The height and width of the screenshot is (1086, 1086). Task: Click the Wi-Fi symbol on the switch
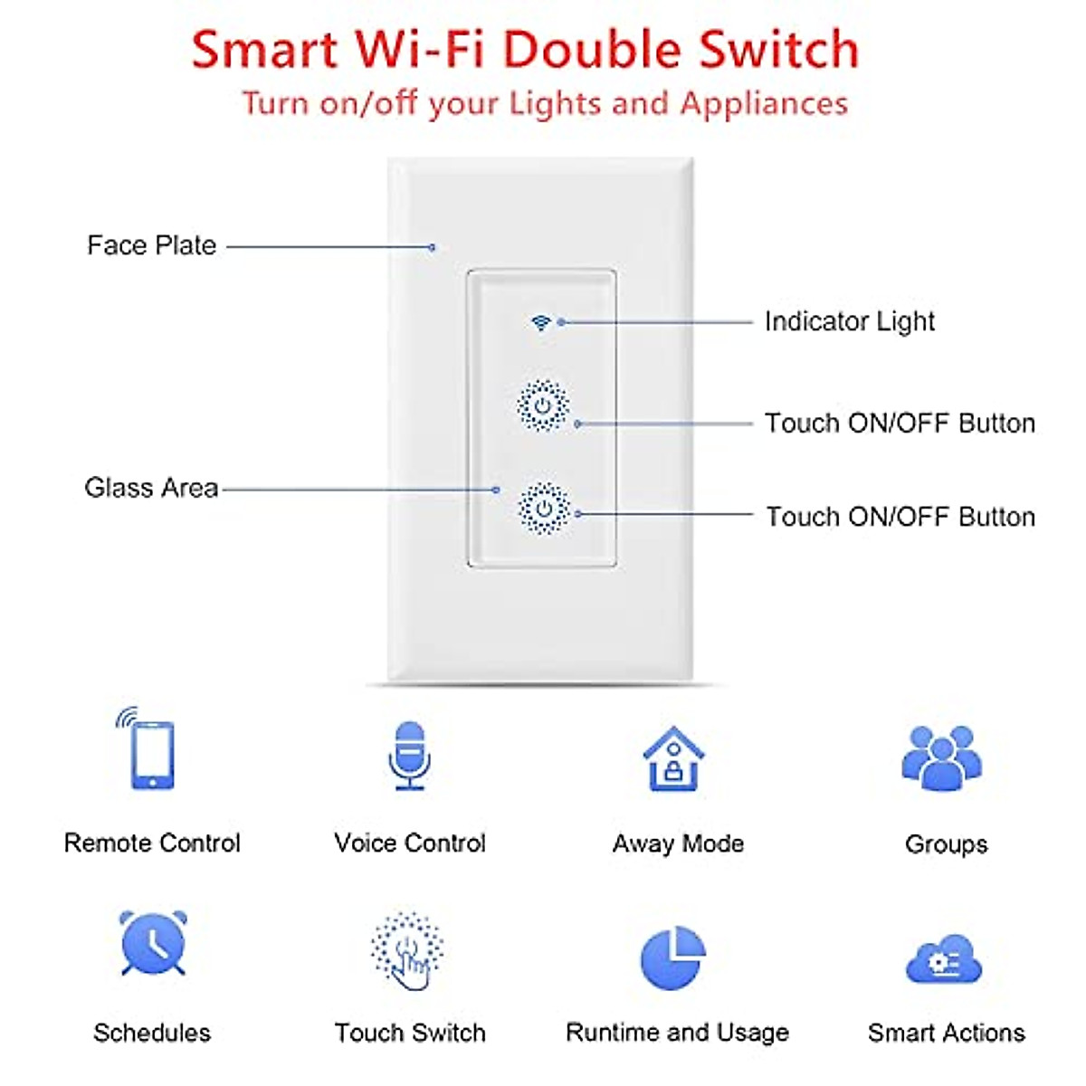[540, 322]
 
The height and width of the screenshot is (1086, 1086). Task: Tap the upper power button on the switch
[543, 405]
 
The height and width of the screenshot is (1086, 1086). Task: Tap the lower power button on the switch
[544, 509]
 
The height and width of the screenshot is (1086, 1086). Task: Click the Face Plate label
[152, 246]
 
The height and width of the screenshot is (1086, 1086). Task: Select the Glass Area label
[151, 488]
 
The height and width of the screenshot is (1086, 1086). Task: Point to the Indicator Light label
[849, 322]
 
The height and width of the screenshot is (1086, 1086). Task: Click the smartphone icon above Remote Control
[148, 748]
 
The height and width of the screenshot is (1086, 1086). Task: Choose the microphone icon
[409, 755]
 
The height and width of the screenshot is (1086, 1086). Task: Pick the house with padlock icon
[673, 758]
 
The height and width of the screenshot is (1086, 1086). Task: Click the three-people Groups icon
[942, 758]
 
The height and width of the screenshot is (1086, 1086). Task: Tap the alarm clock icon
[153, 943]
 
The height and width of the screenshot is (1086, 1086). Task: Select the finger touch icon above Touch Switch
[407, 951]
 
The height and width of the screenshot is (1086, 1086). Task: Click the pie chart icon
[673, 957]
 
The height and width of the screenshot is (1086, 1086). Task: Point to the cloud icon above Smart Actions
[944, 959]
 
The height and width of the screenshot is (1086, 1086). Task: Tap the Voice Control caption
[410, 843]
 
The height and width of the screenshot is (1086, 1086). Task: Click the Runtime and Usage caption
[678, 1033]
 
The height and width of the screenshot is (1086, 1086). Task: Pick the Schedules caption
[152, 1033]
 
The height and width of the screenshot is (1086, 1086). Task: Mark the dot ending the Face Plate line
[433, 247]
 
